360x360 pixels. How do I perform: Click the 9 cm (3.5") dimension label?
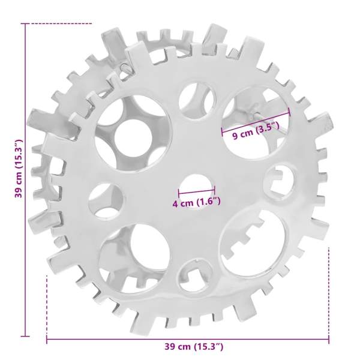click(x=256, y=131)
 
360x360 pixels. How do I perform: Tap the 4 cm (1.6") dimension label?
click(x=197, y=203)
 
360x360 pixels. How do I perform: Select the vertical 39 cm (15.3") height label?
click(x=19, y=168)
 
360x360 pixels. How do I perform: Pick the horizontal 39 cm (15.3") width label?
click(x=194, y=346)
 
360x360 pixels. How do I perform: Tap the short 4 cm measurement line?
click(x=197, y=190)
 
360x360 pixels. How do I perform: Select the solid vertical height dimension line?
click(x=25, y=180)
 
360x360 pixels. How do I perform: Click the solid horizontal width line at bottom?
click(x=188, y=339)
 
